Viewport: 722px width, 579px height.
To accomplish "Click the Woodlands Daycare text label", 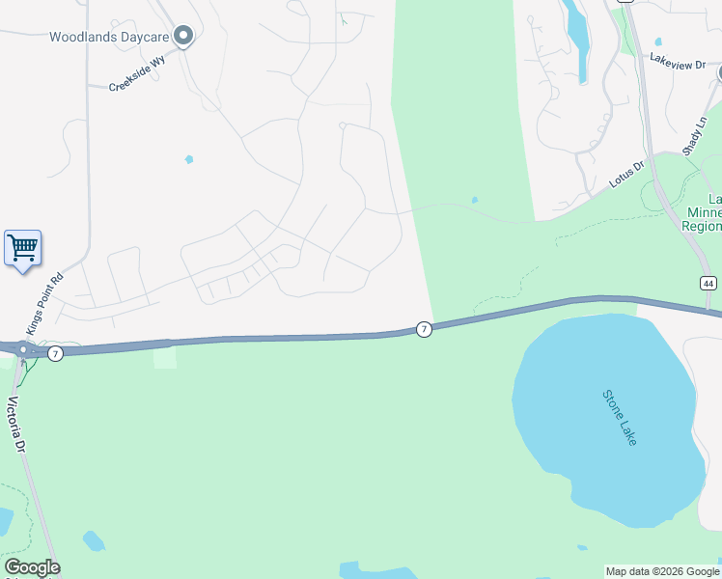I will [110, 38].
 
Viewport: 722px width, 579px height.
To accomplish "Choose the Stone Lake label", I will [620, 417].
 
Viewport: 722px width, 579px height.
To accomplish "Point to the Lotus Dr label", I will [625, 174].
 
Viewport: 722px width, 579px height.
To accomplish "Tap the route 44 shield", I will [708, 282].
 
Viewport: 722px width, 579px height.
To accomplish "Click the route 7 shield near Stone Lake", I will [424, 330].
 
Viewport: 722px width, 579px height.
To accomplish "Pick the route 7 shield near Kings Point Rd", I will [56, 354].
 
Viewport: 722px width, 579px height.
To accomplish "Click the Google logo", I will [32, 567].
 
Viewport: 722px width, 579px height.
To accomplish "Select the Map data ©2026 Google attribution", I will [663, 571].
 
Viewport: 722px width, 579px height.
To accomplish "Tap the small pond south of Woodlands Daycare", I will [189, 159].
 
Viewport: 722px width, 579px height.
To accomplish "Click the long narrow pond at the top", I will [577, 34].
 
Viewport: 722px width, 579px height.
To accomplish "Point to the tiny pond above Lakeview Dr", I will [658, 41].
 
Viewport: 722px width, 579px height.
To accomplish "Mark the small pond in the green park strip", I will [474, 201].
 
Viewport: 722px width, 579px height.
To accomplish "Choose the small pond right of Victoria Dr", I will [94, 540].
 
